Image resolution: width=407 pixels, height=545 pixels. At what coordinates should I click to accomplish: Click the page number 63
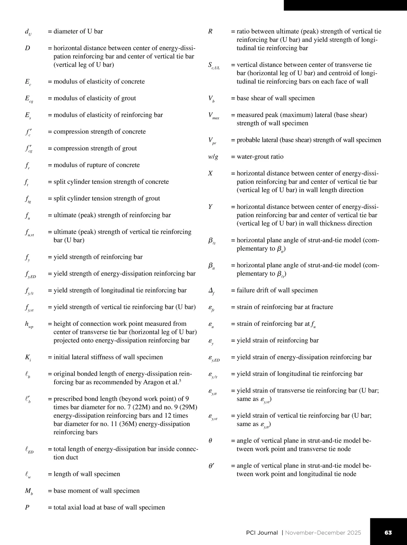pyautogui.click(x=388, y=532)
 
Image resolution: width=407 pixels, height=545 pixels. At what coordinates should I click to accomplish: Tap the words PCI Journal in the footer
pyautogui.click(x=262, y=532)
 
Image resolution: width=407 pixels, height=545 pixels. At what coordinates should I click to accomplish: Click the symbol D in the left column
pyautogui.click(x=27, y=48)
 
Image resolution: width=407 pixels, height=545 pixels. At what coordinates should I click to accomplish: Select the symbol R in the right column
pyautogui.click(x=210, y=32)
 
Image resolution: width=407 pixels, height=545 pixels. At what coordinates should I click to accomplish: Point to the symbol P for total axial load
pyautogui.click(x=27, y=507)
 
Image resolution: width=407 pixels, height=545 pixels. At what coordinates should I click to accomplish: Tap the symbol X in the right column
pyautogui.click(x=210, y=173)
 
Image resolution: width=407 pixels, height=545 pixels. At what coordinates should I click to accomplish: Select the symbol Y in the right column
pyautogui.click(x=210, y=207)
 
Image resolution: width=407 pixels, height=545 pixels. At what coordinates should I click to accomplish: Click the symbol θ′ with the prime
pyautogui.click(x=211, y=466)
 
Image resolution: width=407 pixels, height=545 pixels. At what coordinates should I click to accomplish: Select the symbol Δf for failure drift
pyautogui.click(x=211, y=291)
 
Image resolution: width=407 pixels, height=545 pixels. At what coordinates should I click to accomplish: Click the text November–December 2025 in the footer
pyautogui.click(x=323, y=532)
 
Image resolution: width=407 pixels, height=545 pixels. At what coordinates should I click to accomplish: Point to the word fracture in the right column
pyautogui.click(x=321, y=307)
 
